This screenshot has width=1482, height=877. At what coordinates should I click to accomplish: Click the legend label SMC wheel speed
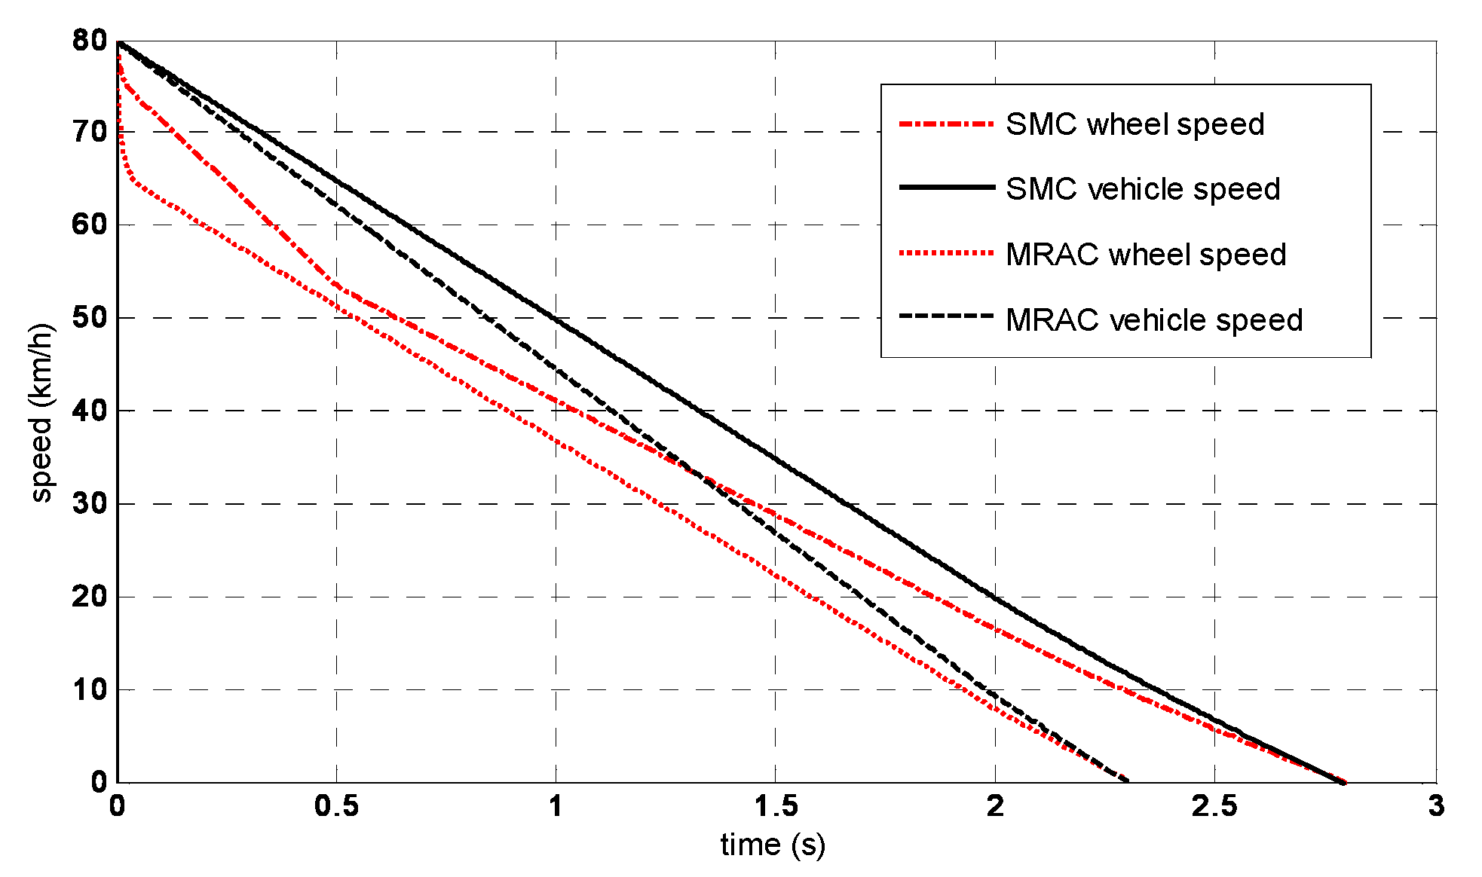tap(1134, 124)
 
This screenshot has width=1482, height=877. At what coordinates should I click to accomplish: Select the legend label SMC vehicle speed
tap(1143, 189)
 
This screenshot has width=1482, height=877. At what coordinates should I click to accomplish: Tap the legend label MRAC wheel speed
tap(1146, 255)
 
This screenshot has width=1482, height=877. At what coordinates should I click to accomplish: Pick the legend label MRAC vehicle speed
tap(1154, 320)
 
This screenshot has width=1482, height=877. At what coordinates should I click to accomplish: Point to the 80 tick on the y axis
tap(90, 41)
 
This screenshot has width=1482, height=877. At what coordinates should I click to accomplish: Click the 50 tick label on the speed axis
tap(90, 317)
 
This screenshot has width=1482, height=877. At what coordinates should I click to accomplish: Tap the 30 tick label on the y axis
tap(90, 503)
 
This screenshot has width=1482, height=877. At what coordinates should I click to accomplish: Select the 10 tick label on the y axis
tap(90, 689)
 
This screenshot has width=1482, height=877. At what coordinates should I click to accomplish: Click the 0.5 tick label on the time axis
tap(336, 807)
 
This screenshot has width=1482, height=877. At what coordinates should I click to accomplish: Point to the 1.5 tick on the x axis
tap(776, 807)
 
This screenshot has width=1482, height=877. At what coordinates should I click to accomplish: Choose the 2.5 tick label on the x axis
tap(1214, 807)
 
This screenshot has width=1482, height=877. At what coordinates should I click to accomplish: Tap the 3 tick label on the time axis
tap(1435, 807)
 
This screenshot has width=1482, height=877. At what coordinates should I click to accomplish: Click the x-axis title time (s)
tap(773, 845)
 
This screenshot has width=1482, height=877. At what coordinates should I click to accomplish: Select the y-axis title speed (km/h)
tap(41, 412)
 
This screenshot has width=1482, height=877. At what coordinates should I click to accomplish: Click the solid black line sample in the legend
tap(946, 187)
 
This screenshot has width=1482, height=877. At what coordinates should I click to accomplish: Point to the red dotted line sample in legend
tap(946, 253)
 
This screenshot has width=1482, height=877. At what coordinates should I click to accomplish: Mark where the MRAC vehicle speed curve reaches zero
tap(1128, 781)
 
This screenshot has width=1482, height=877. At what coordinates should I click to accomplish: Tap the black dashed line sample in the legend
tap(946, 316)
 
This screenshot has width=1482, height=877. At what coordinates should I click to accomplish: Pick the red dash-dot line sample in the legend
tap(946, 124)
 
